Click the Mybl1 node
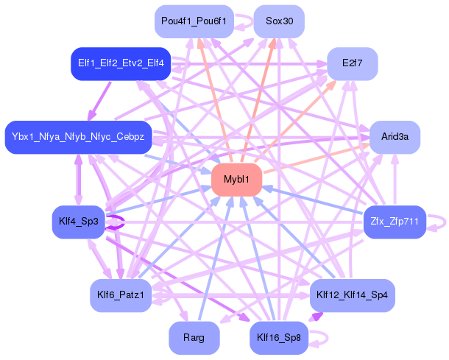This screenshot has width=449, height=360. [237, 179]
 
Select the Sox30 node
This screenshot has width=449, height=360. [279, 21]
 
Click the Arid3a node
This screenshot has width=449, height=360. [395, 137]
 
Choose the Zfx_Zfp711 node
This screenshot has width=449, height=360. [395, 221]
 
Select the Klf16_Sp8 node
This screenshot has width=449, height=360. [279, 338]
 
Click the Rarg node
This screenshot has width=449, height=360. [194, 338]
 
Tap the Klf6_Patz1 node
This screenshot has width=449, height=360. [120, 295]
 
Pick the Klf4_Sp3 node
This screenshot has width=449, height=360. [80, 221]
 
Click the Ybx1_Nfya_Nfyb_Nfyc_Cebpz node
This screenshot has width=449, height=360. [78, 137]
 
